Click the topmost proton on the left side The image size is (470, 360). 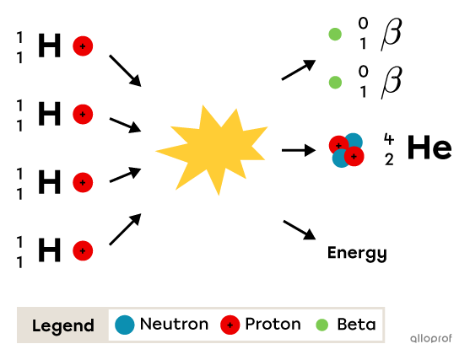coord(83,46)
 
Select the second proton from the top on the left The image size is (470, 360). coord(83,114)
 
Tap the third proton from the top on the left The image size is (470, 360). coord(83,182)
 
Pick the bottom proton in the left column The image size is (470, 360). coord(83,250)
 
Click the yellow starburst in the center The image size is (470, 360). coord(213,148)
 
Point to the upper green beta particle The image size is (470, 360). coord(335,35)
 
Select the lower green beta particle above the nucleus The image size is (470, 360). coord(335,83)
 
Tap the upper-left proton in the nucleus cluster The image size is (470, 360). coord(338,144)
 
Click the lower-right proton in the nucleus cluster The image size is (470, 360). coord(355,157)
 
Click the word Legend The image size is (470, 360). coord(63,325)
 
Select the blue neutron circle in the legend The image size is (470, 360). coord(125,325)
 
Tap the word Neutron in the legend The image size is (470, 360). coord(174,325)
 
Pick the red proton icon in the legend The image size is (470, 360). coord(230,325)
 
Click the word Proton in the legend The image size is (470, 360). coord(273,325)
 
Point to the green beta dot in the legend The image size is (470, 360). coord(321,325)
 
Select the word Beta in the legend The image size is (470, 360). coord(356,325)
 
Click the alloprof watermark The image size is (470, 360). coord(430,338)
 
